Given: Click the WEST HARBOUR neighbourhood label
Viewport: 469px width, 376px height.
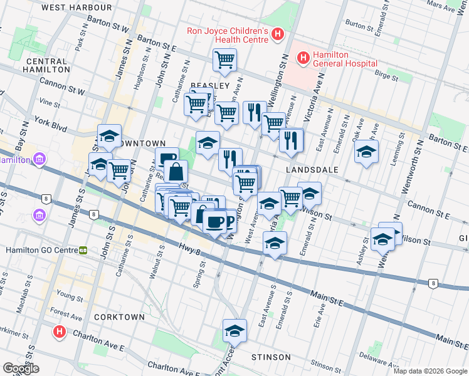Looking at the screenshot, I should [76, 8].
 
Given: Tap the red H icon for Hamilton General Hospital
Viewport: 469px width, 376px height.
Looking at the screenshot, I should [303, 58].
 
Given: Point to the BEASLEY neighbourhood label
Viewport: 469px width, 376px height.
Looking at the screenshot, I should [209, 85].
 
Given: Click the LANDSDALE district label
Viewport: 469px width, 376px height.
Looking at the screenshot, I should [312, 170].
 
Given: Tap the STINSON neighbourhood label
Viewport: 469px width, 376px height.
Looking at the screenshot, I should [271, 357].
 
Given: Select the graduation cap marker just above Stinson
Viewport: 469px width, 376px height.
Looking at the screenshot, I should [234, 330].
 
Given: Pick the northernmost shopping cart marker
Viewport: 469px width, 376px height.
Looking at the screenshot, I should [224, 60].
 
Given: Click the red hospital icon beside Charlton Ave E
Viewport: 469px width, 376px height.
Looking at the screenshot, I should [60, 331].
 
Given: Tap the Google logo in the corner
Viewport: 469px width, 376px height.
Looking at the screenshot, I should [21, 368].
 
